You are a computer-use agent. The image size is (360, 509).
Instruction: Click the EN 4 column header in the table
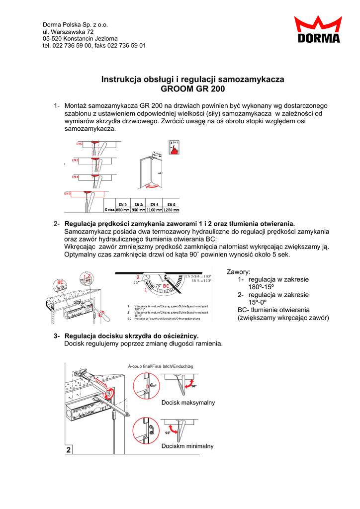155,204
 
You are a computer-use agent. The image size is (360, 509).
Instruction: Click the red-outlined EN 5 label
67,193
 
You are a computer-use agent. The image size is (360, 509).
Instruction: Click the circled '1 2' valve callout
88,278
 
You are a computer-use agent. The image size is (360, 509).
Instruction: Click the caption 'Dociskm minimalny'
187,446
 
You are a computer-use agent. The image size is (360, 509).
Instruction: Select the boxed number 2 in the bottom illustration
69,450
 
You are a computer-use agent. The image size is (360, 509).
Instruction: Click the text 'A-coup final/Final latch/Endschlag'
161,366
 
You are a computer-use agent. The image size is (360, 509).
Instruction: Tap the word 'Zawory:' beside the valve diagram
239,272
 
